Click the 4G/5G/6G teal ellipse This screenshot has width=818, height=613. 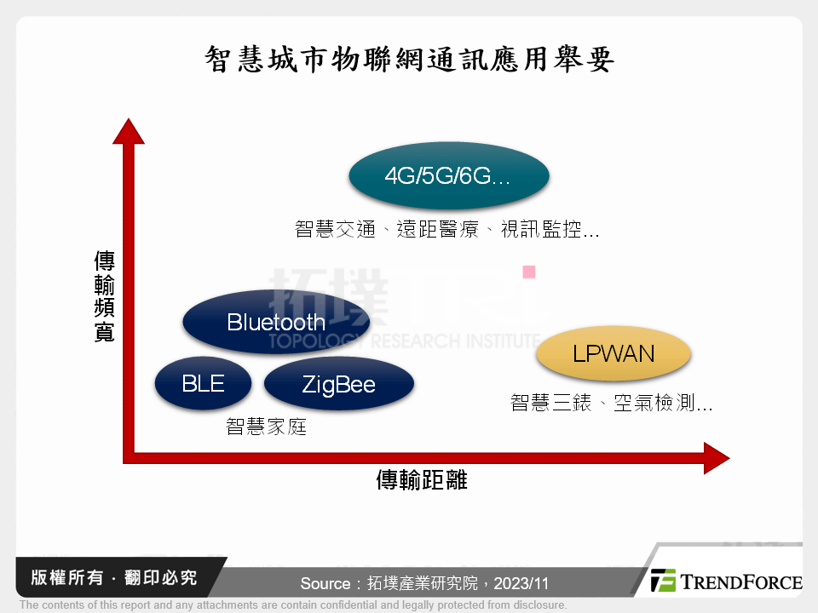pyautogui.click(x=449, y=176)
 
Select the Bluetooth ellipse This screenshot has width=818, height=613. pyautogui.click(x=276, y=322)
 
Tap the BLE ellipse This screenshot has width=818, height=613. pyautogui.click(x=203, y=384)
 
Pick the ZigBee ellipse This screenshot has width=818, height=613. pyautogui.click(x=338, y=385)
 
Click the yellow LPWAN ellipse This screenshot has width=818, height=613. pyautogui.click(x=613, y=354)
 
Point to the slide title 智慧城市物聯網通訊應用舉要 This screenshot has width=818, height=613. pyautogui.click(x=409, y=60)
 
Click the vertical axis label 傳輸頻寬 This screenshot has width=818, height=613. pyautogui.click(x=104, y=296)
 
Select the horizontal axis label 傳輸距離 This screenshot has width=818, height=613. pyautogui.click(x=422, y=480)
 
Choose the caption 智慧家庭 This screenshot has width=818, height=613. pyautogui.click(x=266, y=427)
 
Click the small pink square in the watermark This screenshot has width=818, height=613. pyautogui.click(x=528, y=272)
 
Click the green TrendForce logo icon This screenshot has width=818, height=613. pyautogui.click(x=663, y=581)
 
